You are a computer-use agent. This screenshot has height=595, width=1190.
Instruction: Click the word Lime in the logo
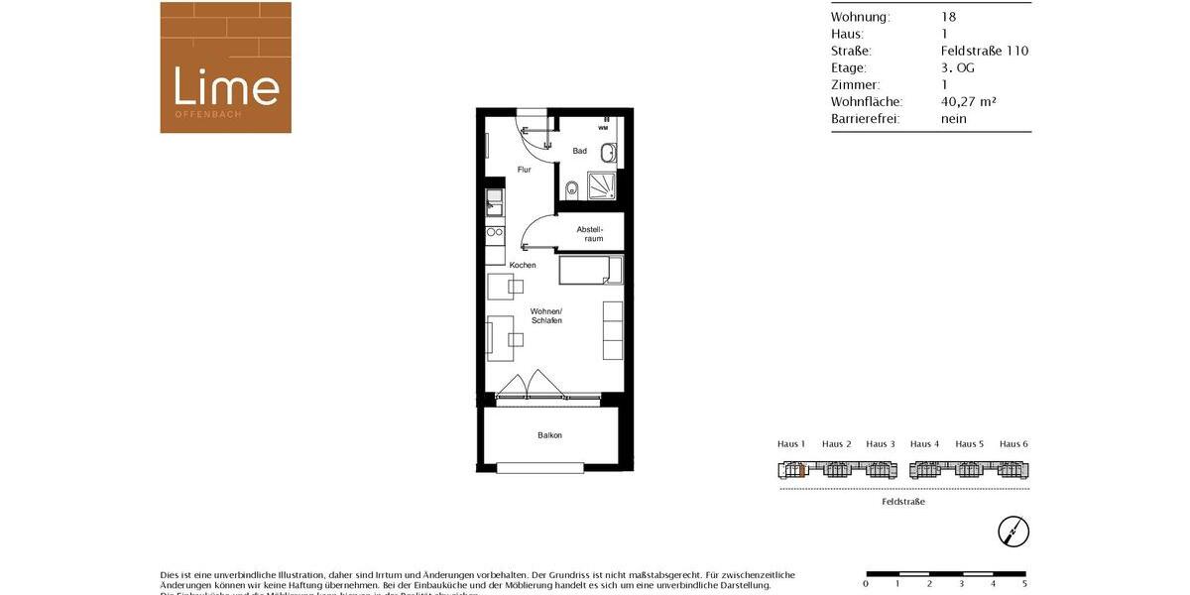[x=226, y=86]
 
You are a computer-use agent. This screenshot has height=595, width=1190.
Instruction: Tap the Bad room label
[x=579, y=151]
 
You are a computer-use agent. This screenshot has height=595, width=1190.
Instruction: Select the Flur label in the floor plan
[x=524, y=170]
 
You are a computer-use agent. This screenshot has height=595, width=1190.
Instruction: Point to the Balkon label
[x=549, y=435]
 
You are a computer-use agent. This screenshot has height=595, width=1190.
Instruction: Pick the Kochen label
[x=523, y=265]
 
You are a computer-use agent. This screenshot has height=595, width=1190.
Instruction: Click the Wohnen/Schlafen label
[x=545, y=315]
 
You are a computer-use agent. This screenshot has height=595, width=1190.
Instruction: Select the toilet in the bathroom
[x=571, y=189]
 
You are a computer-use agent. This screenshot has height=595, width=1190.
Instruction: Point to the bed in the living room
[x=590, y=270]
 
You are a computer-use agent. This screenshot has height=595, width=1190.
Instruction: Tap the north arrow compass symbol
[x=1013, y=532]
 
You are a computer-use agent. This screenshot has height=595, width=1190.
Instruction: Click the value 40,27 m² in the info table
[x=968, y=101]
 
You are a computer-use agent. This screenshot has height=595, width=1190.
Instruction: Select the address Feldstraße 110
[x=984, y=51]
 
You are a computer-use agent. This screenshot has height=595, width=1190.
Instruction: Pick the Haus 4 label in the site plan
[x=924, y=444]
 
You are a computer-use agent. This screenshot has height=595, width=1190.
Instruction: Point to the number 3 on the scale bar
[x=961, y=584]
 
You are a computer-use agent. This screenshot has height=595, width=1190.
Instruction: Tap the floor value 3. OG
[x=957, y=67]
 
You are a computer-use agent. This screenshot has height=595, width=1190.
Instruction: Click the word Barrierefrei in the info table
[x=865, y=118]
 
